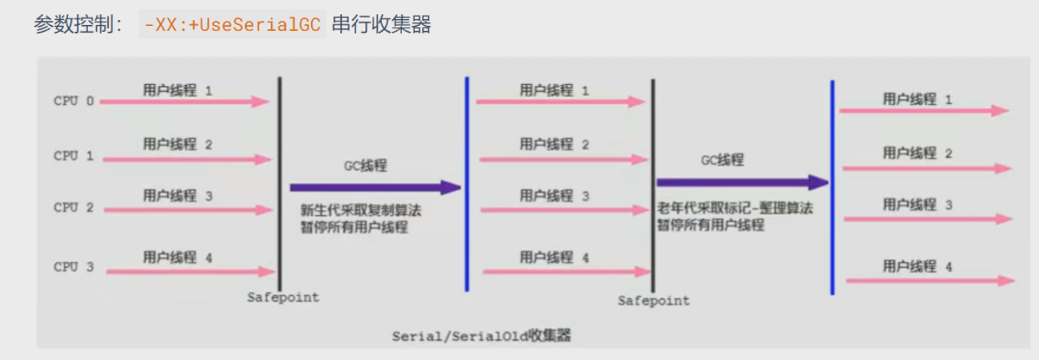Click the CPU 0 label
[x=74, y=101]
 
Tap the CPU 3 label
[x=74, y=267]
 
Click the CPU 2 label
[x=74, y=208]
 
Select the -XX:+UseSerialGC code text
[x=232, y=24]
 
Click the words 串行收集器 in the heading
[x=382, y=24]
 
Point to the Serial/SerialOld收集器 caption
[x=481, y=336]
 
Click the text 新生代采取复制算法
[x=361, y=211]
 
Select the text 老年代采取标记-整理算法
[x=735, y=209]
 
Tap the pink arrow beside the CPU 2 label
[x=188, y=210]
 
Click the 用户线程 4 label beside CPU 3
[x=177, y=258]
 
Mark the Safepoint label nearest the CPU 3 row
[x=283, y=298]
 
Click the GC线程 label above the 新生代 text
[x=365, y=166]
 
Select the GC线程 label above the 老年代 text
[x=722, y=160]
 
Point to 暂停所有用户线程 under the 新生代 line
[x=354, y=227]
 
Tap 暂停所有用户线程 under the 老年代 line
[x=711, y=225]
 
